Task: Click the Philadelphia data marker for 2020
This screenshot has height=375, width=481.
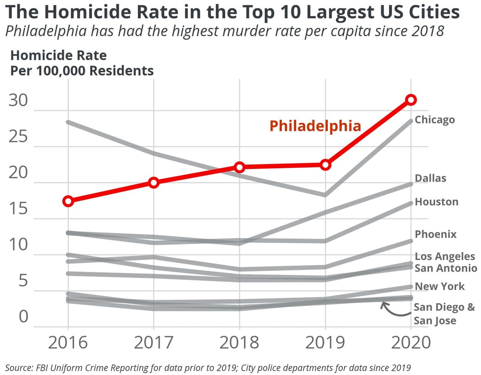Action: [x=411, y=100]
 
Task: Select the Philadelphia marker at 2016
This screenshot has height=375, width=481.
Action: [x=68, y=201]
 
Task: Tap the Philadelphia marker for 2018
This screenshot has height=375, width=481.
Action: [x=239, y=167]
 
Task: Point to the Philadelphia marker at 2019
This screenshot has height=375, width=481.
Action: [x=325, y=165]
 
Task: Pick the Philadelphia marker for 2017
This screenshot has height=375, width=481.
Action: [x=153, y=183]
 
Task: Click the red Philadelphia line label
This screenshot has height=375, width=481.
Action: [x=315, y=126]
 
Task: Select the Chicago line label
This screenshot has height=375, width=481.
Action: [x=434, y=120]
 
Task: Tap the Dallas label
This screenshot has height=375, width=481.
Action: [x=430, y=178]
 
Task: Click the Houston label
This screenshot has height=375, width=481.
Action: [x=436, y=202]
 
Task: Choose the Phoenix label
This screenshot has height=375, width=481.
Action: [x=435, y=234]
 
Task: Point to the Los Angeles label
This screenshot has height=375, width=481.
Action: [x=445, y=256]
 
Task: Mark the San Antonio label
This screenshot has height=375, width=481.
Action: [x=446, y=268]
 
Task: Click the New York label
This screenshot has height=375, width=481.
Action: [x=439, y=286]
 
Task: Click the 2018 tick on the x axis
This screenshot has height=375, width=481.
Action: [x=239, y=342]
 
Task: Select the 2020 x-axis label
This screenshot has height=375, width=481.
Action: [x=411, y=342]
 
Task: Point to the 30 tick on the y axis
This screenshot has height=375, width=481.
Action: [x=18, y=101]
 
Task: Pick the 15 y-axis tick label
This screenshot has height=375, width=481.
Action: [x=18, y=209]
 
